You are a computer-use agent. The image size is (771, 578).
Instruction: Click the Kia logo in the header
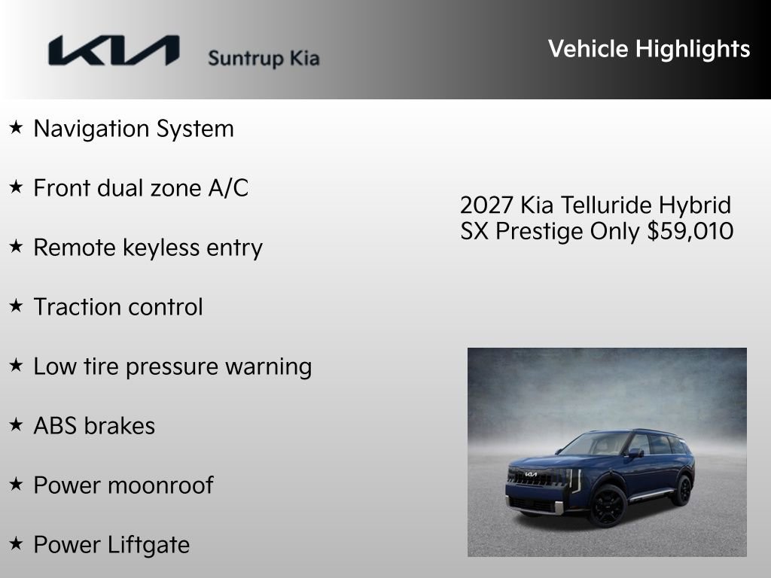point(114,51)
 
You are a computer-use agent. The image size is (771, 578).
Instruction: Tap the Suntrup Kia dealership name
point(264,58)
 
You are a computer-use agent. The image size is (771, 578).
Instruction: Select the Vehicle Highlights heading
point(649,49)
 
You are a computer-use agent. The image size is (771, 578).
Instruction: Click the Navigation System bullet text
point(133,129)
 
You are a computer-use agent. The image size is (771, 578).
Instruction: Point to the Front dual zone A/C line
point(141,188)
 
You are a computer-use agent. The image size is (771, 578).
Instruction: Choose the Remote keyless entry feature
point(148,248)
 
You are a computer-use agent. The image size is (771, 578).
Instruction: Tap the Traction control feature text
point(118,307)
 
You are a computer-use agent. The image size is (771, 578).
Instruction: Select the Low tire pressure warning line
point(172,367)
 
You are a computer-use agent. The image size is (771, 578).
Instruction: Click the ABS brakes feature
point(94,426)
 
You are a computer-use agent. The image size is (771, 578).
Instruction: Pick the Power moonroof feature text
point(123,485)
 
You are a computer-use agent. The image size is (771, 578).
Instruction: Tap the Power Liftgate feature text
point(111,545)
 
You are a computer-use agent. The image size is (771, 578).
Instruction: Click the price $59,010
point(690,231)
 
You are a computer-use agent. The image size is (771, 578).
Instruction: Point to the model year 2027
point(486,205)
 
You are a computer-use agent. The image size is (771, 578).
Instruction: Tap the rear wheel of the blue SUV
point(682,491)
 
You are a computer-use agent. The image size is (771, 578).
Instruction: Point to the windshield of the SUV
point(595,445)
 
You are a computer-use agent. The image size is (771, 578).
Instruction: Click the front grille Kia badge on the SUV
point(532,475)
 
